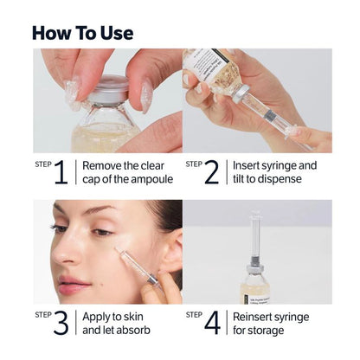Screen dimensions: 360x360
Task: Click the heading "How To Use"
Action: coord(83,33)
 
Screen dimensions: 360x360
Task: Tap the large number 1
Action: coord(61,172)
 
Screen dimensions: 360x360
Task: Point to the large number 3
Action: coord(61,322)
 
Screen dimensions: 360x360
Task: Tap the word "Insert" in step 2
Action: coord(250,164)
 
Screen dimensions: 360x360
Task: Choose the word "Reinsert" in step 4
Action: coord(258,315)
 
